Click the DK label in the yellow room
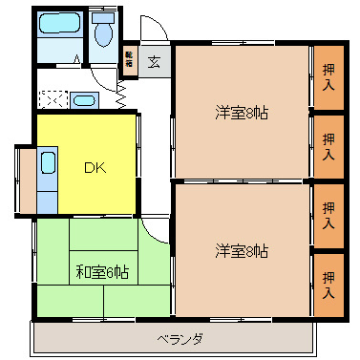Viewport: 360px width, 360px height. click(94, 168)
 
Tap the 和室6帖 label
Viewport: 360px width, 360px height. click(102, 271)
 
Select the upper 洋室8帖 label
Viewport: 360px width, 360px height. click(241, 113)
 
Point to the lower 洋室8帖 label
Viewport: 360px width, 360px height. click(241, 251)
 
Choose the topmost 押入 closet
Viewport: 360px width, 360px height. click(328, 76)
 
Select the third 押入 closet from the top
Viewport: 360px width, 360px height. click(328, 215)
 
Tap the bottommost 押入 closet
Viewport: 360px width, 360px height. click(328, 285)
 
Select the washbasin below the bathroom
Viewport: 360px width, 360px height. click(84, 99)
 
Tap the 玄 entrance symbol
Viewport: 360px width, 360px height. click(154, 63)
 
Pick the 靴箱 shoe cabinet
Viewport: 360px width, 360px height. click(129, 63)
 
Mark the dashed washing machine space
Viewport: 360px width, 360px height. click(52, 98)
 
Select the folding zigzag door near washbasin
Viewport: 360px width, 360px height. click(122, 93)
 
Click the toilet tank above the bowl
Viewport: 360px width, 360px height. click(103, 18)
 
